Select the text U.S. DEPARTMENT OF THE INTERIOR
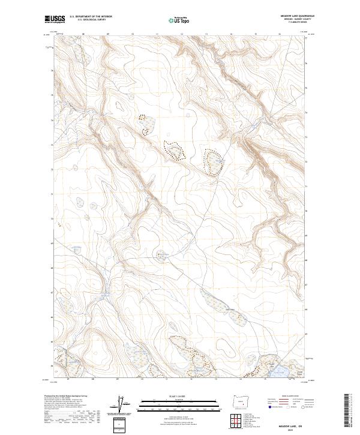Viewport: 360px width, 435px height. coord(90,17)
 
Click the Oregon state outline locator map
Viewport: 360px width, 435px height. coord(238,400)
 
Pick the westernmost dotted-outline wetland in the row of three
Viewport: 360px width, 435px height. coord(145,124)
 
